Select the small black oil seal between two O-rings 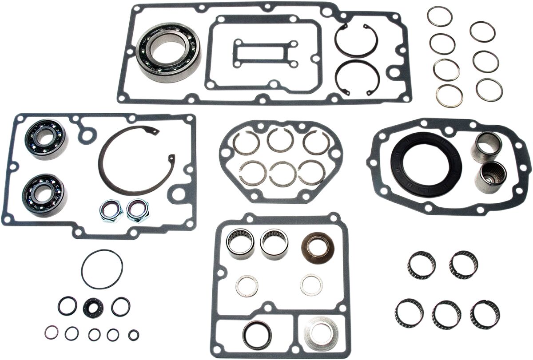tap(93, 306)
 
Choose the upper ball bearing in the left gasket tap(46, 138)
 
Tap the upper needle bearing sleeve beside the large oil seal tap(488, 147)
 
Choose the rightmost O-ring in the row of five tap(133, 335)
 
